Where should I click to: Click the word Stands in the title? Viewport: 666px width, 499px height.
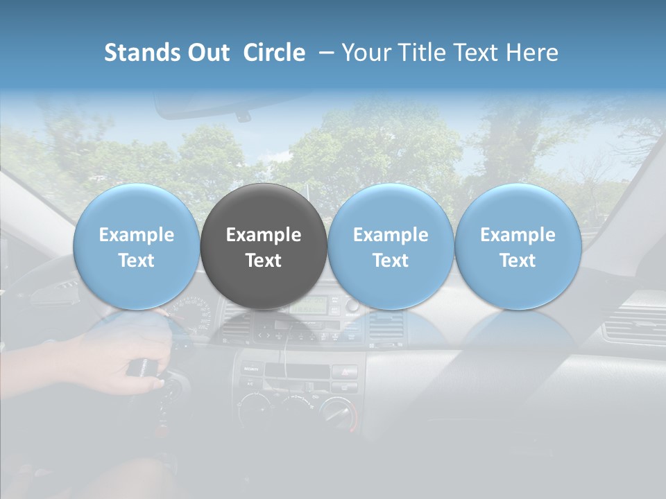(x=140, y=53)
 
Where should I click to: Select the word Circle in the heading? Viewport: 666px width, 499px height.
(x=274, y=53)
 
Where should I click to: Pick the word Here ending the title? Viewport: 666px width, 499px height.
(x=533, y=53)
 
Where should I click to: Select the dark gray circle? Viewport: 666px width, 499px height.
(x=264, y=246)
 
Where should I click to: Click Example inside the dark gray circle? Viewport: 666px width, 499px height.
(x=264, y=235)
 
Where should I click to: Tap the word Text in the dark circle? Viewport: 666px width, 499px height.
(x=264, y=261)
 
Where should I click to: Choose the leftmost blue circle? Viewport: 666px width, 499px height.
(x=136, y=246)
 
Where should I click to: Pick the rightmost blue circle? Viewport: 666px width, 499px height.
(x=518, y=246)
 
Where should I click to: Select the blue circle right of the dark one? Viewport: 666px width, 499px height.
(x=391, y=246)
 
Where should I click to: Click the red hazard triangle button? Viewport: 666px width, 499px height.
(x=345, y=371)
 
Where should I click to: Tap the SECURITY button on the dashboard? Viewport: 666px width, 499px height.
(x=250, y=370)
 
